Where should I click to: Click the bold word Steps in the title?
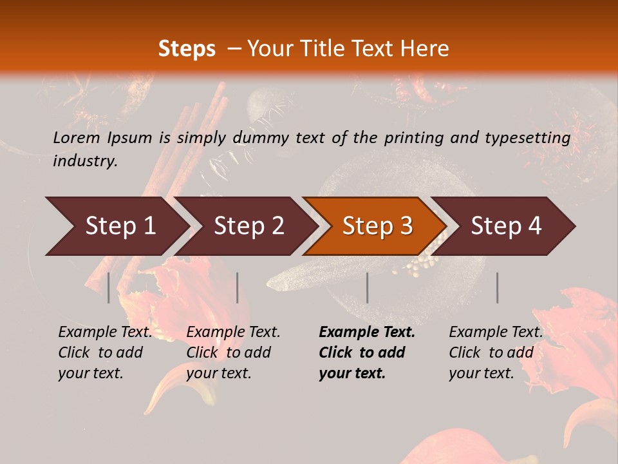point(187,49)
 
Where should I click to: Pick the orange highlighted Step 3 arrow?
point(377,226)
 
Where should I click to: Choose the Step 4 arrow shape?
point(506,226)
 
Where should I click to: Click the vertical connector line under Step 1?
point(109,287)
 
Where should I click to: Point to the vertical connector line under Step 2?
point(238,287)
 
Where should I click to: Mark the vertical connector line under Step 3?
point(367,287)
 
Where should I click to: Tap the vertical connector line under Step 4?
point(497,287)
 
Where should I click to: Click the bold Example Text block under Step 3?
point(367,353)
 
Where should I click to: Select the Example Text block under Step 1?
point(105,353)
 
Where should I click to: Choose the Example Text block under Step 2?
point(233,353)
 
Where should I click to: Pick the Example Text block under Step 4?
point(496,353)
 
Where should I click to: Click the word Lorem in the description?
point(76,137)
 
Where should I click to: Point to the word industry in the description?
point(84,161)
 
